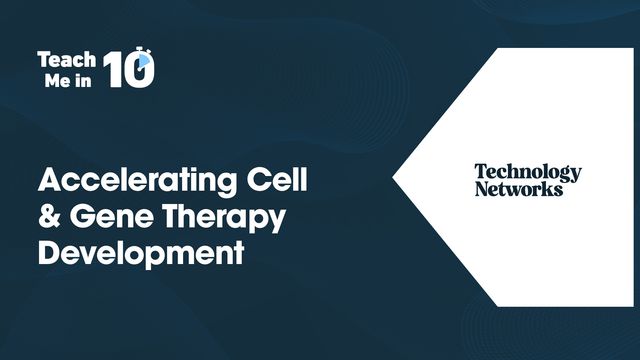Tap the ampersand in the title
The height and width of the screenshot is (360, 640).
48,217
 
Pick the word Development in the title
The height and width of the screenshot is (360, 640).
140,252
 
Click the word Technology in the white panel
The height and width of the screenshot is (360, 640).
527,172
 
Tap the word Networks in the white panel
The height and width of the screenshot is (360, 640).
518,188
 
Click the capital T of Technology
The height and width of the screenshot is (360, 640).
480,172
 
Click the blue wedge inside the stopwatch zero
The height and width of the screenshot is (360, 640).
145,62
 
